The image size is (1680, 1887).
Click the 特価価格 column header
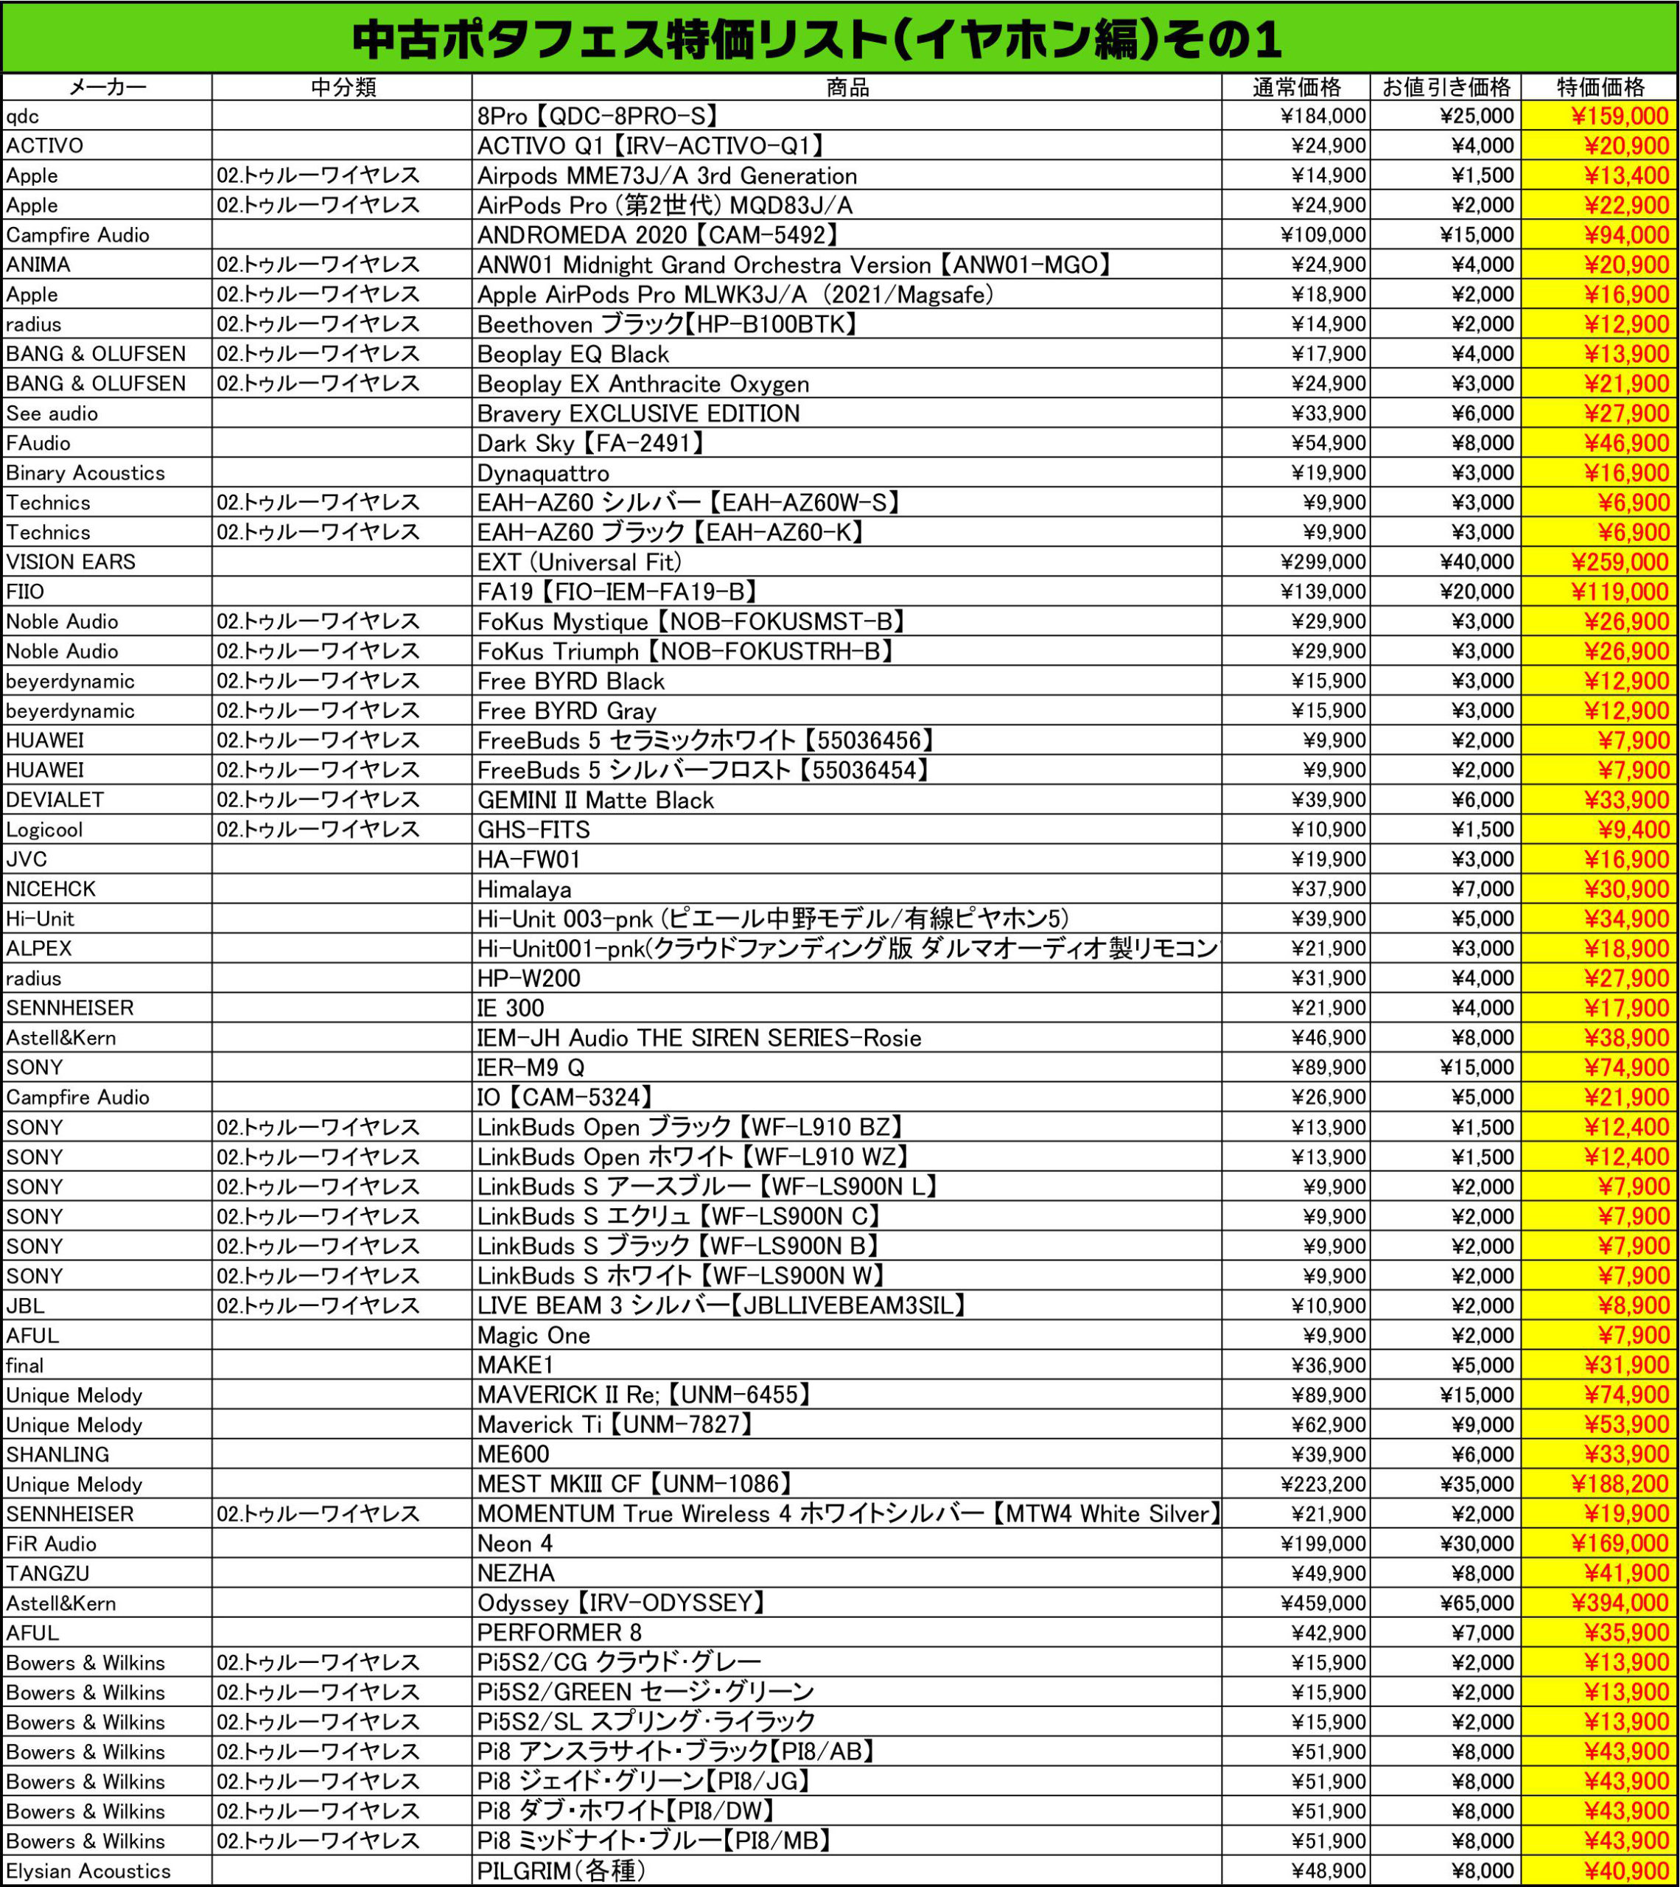click(1600, 88)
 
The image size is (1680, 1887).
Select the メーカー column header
click(107, 88)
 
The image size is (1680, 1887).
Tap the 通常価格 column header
click(1296, 88)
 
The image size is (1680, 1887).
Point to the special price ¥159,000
click(1620, 116)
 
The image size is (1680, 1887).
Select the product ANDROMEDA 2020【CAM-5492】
click(657, 234)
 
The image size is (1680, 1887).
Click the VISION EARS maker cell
click(71, 562)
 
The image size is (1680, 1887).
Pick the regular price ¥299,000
click(1323, 562)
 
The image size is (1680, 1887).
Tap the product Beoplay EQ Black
click(573, 355)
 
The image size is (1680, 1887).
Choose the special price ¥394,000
click(1620, 1603)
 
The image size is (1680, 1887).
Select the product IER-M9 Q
click(531, 1068)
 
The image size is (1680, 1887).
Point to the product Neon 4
click(515, 1544)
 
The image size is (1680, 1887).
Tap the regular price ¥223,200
click(1323, 1485)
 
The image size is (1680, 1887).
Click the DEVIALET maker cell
click(55, 800)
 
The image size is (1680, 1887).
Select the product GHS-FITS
click(533, 830)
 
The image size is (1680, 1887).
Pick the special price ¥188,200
click(1620, 1485)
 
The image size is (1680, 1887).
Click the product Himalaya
click(525, 889)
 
